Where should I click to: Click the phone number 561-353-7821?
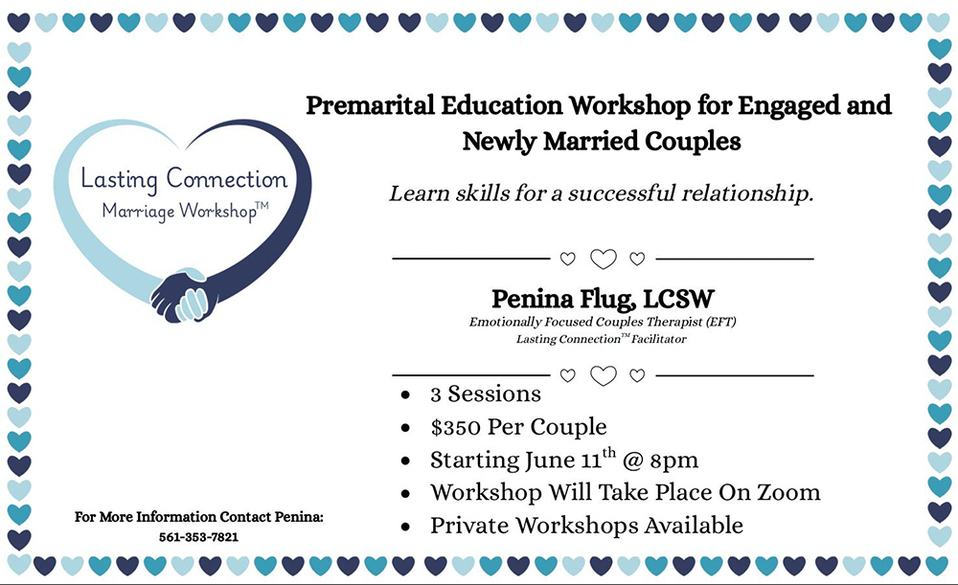click(x=198, y=537)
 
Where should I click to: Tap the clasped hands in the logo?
click(x=184, y=295)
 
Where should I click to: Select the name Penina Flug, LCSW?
click(x=603, y=300)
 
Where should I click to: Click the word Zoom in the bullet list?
click(x=788, y=492)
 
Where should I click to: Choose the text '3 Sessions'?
click(x=486, y=394)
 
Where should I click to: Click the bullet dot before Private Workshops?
click(x=405, y=527)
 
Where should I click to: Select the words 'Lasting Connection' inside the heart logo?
click(x=184, y=178)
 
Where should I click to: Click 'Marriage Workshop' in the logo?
click(x=179, y=211)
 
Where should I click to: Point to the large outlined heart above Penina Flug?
click(x=603, y=259)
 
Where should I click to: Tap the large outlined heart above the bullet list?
click(x=603, y=375)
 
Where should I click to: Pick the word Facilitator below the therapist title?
click(x=659, y=339)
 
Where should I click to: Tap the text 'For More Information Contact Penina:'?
click(x=198, y=517)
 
